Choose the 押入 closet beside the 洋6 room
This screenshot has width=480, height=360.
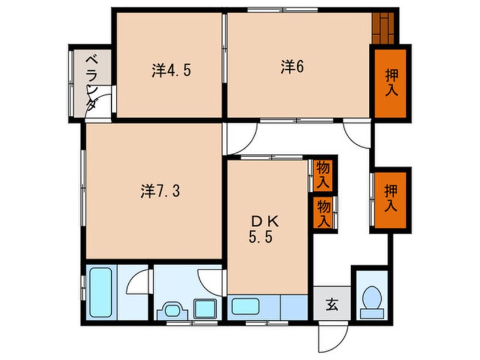390,83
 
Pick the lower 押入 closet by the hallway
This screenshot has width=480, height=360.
389,198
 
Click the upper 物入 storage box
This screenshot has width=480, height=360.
323,175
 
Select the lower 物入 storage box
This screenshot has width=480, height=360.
323,212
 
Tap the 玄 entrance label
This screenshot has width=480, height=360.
332,305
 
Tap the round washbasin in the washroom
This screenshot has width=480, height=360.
173,309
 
